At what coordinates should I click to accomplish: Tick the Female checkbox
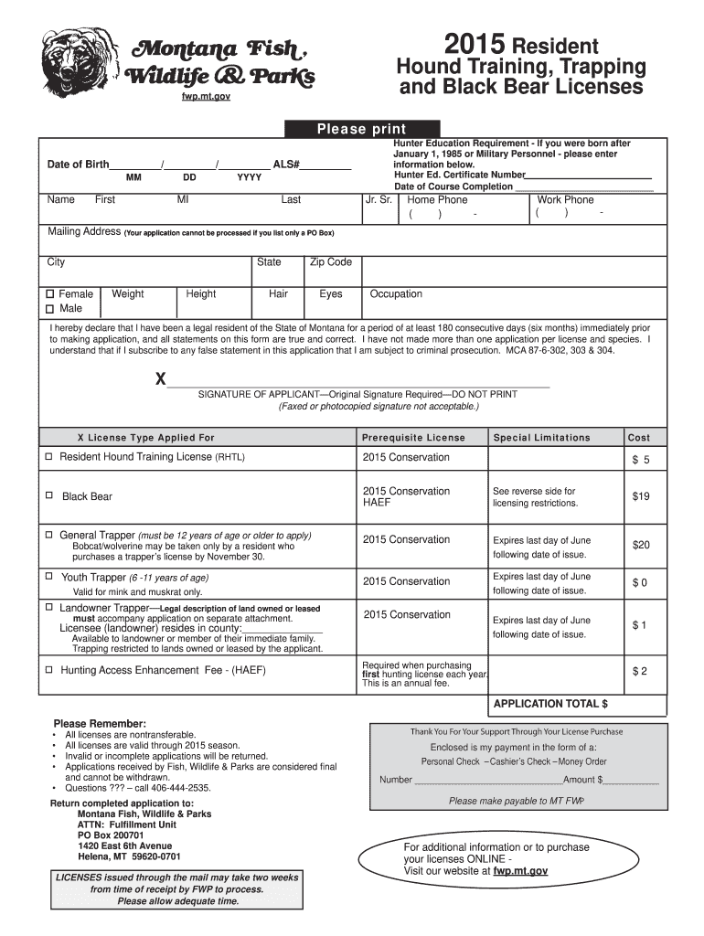tap(51, 294)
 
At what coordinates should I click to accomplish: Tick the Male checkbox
tap(51, 309)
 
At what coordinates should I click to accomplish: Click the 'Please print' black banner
tap(362, 130)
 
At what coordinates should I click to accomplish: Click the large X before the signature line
tap(161, 378)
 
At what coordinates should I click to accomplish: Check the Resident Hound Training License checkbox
tap(48, 456)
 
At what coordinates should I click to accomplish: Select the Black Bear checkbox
tap(48, 495)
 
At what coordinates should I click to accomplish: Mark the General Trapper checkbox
tap(48, 535)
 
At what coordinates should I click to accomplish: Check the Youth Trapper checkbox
tap(48, 577)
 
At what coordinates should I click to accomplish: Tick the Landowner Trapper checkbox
tap(48, 607)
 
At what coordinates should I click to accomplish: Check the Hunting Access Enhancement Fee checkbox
tap(48, 670)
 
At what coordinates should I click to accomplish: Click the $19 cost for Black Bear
tap(640, 496)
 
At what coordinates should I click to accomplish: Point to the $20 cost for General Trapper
tap(640, 545)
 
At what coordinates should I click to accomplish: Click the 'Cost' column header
tap(639, 438)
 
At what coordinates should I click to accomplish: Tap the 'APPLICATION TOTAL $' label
tap(550, 704)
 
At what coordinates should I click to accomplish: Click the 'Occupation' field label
tap(396, 294)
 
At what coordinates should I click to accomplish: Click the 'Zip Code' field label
tap(331, 262)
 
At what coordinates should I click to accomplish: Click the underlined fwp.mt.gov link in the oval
tap(520, 871)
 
